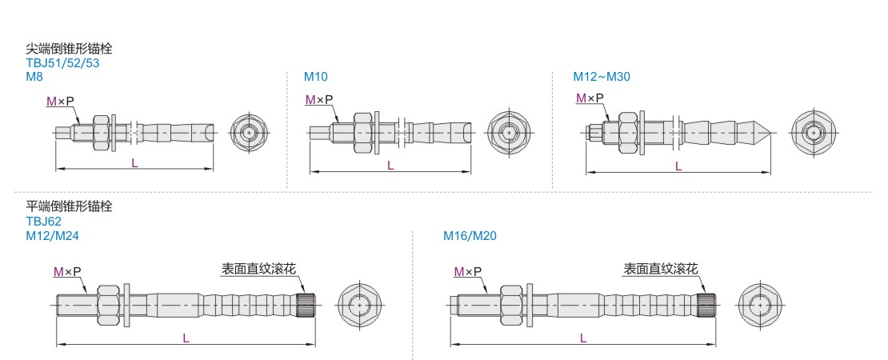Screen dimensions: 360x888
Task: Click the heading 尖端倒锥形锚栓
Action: click(69, 49)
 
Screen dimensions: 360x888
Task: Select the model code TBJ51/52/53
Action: click(62, 62)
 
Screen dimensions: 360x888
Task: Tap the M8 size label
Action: click(34, 77)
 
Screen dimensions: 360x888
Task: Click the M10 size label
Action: click(315, 77)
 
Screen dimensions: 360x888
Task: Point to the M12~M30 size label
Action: click(602, 77)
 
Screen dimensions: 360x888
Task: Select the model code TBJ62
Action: click(43, 221)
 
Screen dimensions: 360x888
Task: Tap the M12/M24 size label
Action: click(52, 236)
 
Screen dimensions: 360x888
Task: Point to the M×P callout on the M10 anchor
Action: click(318, 100)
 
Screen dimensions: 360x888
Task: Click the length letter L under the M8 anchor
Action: click(134, 162)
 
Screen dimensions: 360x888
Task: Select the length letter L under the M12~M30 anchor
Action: click(678, 166)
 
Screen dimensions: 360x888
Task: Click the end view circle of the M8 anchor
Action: click(250, 131)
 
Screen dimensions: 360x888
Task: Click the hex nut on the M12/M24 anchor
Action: click(108, 305)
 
